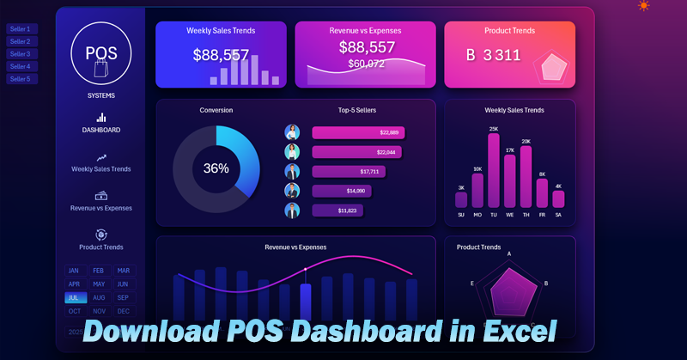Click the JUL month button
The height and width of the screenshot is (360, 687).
[75, 297]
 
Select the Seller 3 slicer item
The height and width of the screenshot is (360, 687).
[21, 54]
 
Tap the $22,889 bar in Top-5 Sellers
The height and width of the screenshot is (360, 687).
[358, 132]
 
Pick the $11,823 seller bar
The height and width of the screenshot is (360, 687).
[337, 210]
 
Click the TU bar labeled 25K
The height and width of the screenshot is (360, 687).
[494, 171]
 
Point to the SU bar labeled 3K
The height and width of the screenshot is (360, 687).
[461, 199]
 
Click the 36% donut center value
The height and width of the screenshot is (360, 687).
[216, 168]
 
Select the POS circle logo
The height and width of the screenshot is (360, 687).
[101, 53]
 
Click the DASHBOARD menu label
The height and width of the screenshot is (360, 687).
[101, 130]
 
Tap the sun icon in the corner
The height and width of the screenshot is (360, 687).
[644, 6]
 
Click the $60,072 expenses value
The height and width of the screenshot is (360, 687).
[366, 63]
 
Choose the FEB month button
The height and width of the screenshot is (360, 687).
[99, 271]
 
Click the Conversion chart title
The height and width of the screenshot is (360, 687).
[216, 110]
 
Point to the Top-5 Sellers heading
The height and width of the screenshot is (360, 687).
[357, 110]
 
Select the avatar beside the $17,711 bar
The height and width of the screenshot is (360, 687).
[292, 171]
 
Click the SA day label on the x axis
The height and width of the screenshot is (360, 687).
[558, 215]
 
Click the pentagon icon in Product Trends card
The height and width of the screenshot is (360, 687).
[550, 68]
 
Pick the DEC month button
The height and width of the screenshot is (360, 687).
[124, 311]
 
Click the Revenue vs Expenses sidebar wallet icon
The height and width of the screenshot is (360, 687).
[101, 195]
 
